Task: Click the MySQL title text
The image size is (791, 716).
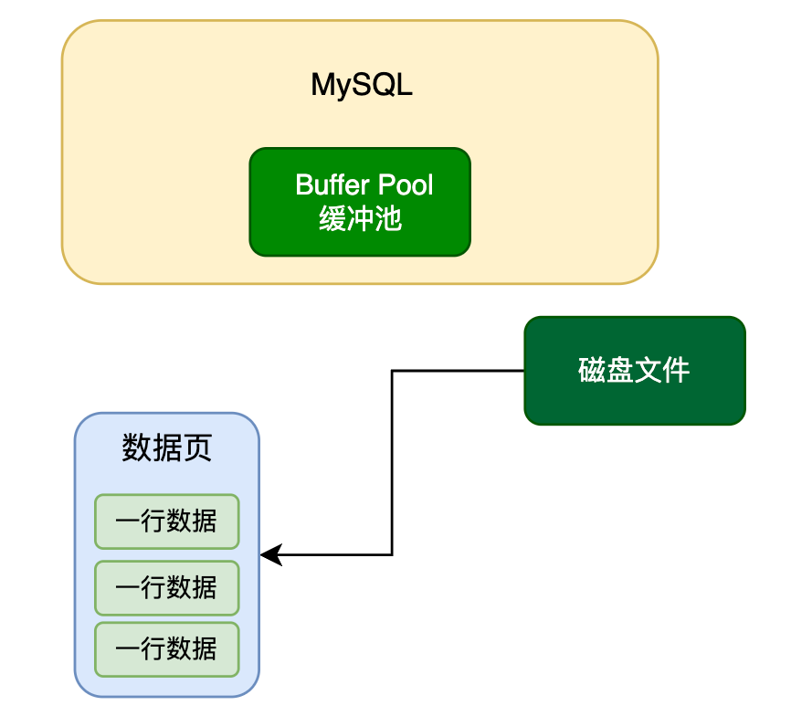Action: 362,85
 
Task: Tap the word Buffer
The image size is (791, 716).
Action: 330,185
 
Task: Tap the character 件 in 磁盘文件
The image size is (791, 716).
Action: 676,371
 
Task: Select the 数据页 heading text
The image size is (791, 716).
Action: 166,447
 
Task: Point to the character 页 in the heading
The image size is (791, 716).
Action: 197,447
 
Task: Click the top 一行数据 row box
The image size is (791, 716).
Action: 166,521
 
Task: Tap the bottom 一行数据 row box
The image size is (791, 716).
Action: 166,649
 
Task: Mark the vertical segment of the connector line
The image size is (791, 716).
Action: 392,461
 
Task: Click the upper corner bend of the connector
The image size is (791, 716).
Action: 392,371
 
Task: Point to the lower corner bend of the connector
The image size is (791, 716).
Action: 392,554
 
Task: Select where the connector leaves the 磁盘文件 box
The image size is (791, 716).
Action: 523,371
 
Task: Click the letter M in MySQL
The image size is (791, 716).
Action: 322,85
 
